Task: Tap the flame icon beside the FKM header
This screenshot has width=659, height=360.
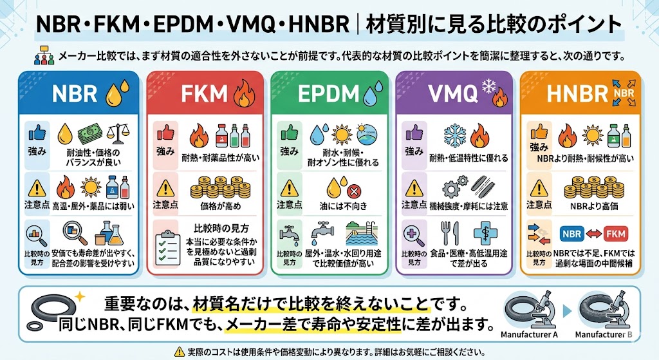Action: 243,94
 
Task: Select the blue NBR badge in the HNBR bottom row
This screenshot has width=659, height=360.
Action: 573,233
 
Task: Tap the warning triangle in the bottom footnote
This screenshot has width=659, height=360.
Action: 179,351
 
